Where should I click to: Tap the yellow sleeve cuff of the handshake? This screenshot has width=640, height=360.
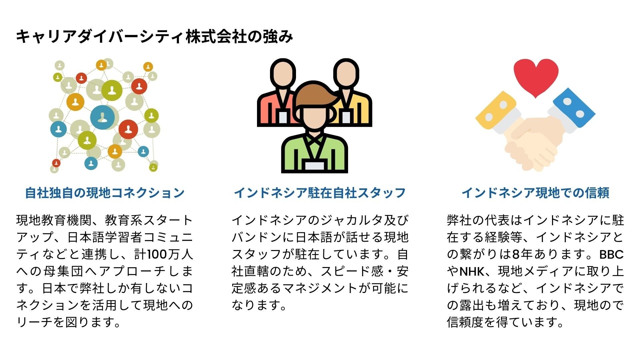496,110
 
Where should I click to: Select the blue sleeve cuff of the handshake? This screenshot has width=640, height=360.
574,107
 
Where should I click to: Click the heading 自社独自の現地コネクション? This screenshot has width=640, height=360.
105,193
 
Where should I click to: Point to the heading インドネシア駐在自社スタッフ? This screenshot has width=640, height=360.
320,193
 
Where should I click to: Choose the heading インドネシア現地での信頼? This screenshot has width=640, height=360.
535,193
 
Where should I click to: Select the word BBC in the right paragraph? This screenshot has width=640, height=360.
611,255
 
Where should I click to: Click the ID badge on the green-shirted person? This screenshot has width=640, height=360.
315,165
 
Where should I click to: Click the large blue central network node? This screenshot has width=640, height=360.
102,117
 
